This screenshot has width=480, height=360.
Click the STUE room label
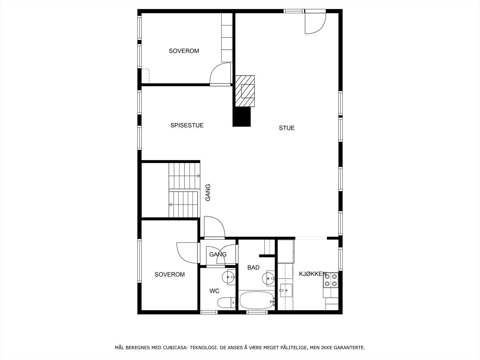(286, 128)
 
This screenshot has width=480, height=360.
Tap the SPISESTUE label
(187, 125)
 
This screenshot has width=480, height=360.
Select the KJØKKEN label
(312, 274)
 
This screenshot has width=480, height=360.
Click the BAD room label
(253, 268)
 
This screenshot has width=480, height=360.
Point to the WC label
(214, 291)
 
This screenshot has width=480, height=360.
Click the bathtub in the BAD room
(256, 300)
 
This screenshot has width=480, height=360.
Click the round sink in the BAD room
(268, 278)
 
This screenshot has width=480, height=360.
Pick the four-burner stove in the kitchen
(331, 280)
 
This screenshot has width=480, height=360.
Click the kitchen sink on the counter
(286, 290)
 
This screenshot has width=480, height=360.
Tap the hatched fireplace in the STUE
(245, 91)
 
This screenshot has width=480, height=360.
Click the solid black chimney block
(241, 117)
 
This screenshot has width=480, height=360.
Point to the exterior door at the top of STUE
(315, 22)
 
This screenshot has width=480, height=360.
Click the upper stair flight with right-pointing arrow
(184, 175)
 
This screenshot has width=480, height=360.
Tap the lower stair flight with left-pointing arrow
(184, 204)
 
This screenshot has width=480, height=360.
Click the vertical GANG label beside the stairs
(208, 192)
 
